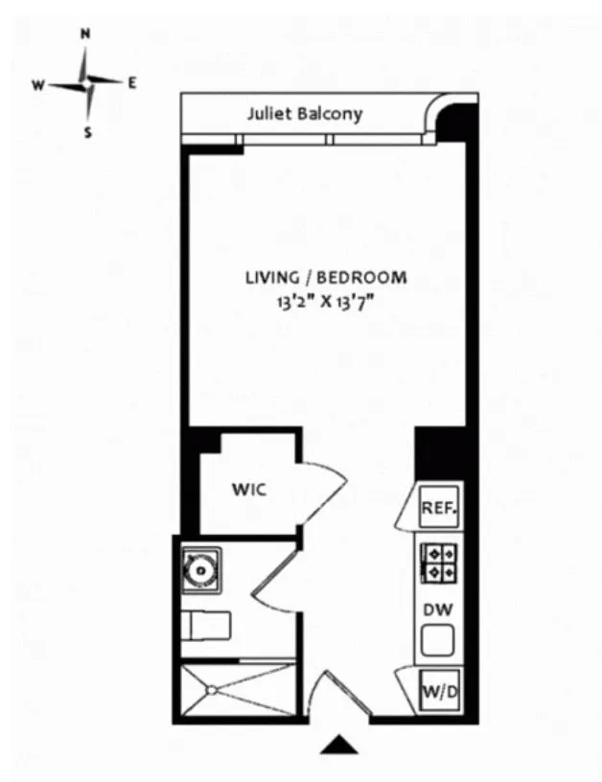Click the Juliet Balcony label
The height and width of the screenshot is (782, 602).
coord(305,114)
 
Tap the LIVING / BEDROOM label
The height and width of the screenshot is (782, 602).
coord(326,278)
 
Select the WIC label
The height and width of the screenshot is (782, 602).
coord(247,490)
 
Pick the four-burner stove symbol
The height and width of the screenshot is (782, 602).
coord(440,562)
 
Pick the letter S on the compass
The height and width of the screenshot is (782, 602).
coord(87,133)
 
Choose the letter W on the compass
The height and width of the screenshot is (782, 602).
coord(38,84)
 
